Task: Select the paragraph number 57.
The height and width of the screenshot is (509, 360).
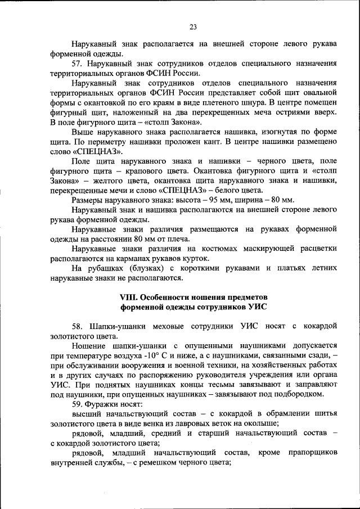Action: (x=78, y=64)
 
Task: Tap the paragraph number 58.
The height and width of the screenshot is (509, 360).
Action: (x=78, y=327)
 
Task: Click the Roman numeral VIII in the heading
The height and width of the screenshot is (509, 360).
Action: (x=129, y=297)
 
